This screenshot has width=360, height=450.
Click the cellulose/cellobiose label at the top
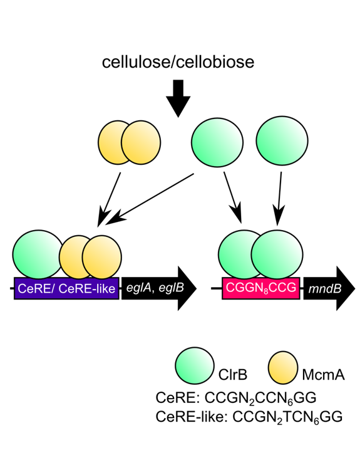coord(178,62)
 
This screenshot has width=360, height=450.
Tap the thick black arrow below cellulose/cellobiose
coord(178,98)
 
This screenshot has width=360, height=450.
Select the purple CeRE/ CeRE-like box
coord(66,288)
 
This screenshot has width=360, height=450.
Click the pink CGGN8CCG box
coord(261,288)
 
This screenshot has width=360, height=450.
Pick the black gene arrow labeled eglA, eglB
coord(159,288)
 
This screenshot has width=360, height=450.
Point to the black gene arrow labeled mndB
coord(329,288)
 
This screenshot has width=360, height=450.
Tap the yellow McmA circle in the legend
coord(283,367)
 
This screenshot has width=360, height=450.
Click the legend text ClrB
coord(233,375)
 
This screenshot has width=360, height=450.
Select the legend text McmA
coord(323,375)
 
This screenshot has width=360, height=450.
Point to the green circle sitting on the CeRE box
coord(38,254)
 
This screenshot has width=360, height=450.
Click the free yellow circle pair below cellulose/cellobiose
coord(129,142)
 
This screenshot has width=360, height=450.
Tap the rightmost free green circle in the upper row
coord(282,140)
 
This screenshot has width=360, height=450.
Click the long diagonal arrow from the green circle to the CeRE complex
coord(150,199)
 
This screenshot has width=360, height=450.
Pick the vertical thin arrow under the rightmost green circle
coord(279,199)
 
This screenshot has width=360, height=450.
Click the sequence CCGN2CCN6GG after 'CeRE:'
coord(260,399)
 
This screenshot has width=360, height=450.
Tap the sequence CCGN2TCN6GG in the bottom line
coord(287,417)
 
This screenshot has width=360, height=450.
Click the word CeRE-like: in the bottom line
coord(192,417)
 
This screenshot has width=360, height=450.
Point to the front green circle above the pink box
coord(277,254)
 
